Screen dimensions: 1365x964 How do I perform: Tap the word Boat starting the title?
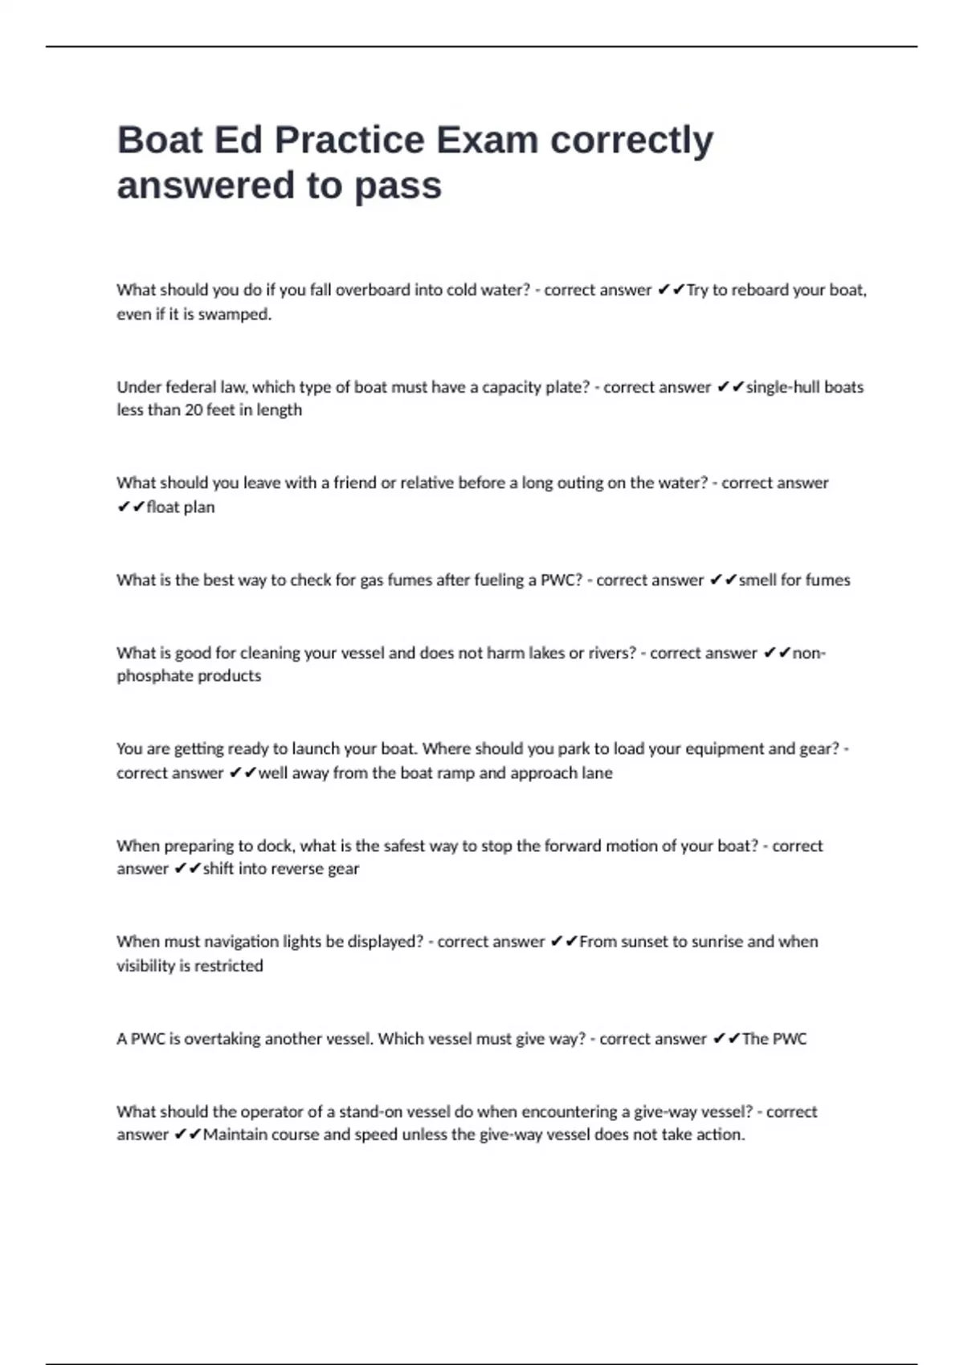pyautogui.click(x=160, y=140)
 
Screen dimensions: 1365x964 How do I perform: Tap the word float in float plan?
pyautogui.click(x=163, y=507)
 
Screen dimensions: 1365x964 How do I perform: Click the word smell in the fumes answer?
pyautogui.click(x=758, y=580)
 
